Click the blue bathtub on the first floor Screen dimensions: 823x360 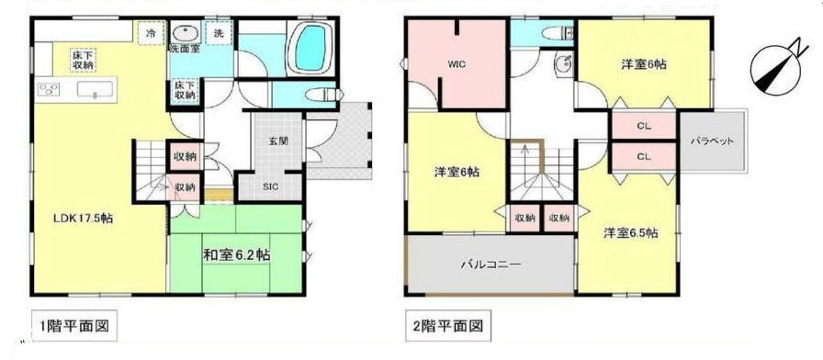pos(310,48)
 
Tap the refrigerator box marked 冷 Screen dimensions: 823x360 pos(151,34)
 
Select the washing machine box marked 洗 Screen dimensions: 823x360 pos(219,34)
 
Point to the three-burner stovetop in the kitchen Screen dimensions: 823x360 pos(49,90)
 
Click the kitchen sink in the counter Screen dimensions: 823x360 pos(95,90)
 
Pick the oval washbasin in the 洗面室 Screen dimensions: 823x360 pos(184,34)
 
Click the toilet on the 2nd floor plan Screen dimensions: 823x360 pos(558,33)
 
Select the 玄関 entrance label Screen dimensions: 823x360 pos(278,141)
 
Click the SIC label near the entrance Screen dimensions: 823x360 pos(271,186)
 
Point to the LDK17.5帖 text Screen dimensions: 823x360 pos(83,219)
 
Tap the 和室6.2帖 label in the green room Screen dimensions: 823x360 pos(237,255)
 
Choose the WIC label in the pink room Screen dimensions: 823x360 pos(457,64)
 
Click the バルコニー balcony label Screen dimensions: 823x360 pos(491,264)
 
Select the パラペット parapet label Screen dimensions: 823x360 pos(712,141)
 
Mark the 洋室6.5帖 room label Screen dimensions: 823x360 pos(630,233)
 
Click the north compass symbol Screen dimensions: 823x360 pos(778,67)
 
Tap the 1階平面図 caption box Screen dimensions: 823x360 pos(73,326)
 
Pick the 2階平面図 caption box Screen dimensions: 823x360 pos(447,326)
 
